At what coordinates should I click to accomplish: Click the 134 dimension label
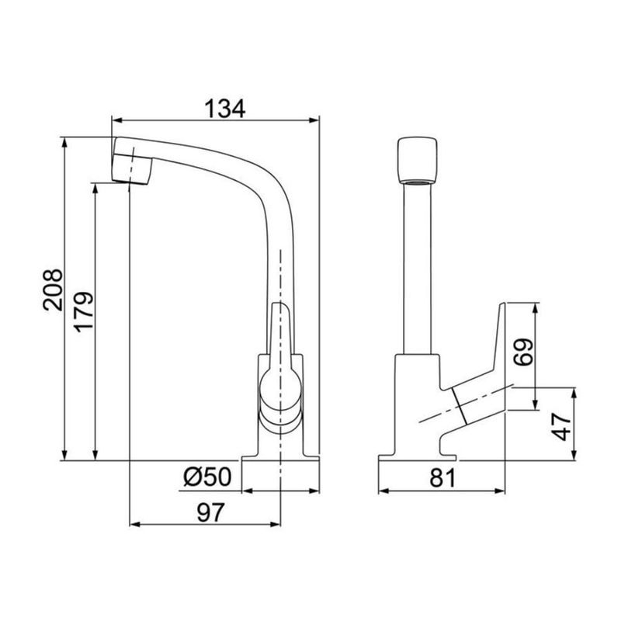tap(224, 109)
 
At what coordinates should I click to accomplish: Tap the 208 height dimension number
tap(53, 290)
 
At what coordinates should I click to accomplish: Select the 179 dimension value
tap(84, 312)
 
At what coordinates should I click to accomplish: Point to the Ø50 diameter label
tap(207, 477)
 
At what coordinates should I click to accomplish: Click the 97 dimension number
tap(210, 512)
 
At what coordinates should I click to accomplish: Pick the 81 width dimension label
tap(442, 478)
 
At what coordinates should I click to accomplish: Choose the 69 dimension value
tap(522, 352)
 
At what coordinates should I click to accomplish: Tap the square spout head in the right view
tap(417, 160)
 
